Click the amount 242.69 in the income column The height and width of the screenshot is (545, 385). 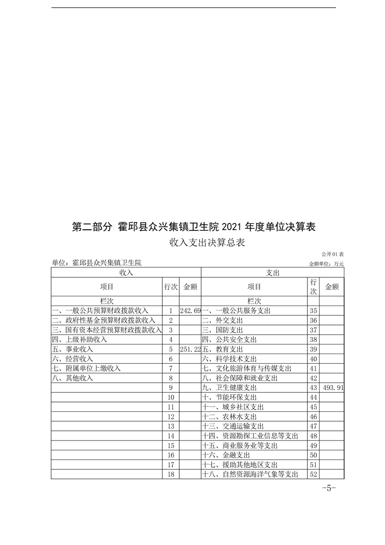(190, 310)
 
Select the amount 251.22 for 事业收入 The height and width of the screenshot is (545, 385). (190, 349)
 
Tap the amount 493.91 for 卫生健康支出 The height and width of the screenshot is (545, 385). (333, 388)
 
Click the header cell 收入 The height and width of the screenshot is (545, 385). (126, 273)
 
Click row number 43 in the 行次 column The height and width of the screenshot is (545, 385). (313, 388)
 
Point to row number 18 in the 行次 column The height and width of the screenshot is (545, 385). (170, 475)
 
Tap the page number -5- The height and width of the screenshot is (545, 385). (329, 489)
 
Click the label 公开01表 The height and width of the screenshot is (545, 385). (333, 254)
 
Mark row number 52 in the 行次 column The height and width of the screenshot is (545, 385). (313, 475)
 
